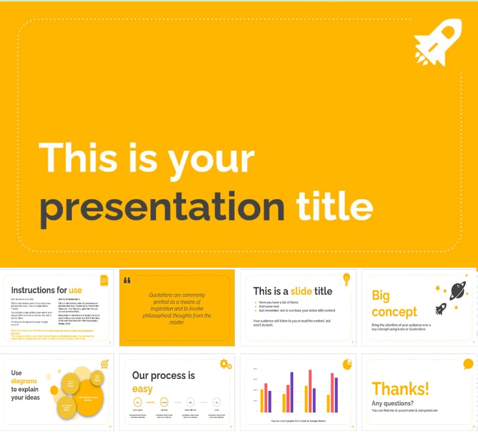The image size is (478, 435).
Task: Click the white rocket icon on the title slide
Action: [438, 42]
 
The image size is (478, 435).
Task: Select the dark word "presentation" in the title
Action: [163, 207]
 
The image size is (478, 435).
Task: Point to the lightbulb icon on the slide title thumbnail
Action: [346, 278]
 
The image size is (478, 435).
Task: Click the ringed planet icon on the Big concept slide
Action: [457, 290]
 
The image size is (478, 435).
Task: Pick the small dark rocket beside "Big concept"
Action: [441, 309]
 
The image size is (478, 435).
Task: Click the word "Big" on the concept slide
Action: [381, 295]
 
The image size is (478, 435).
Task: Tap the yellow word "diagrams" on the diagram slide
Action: [24, 381]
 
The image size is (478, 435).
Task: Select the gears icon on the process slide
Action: [226, 364]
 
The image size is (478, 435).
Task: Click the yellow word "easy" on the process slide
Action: [142, 389]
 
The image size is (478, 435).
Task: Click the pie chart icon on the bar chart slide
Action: [347, 364]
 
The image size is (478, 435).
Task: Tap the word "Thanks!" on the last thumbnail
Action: [400, 389]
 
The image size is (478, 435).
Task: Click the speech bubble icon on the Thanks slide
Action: [468, 364]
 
